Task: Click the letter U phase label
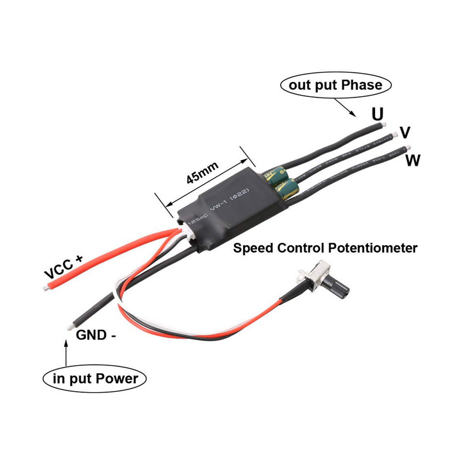[377, 114]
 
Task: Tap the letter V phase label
[405, 132]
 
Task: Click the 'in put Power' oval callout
[95, 379]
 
